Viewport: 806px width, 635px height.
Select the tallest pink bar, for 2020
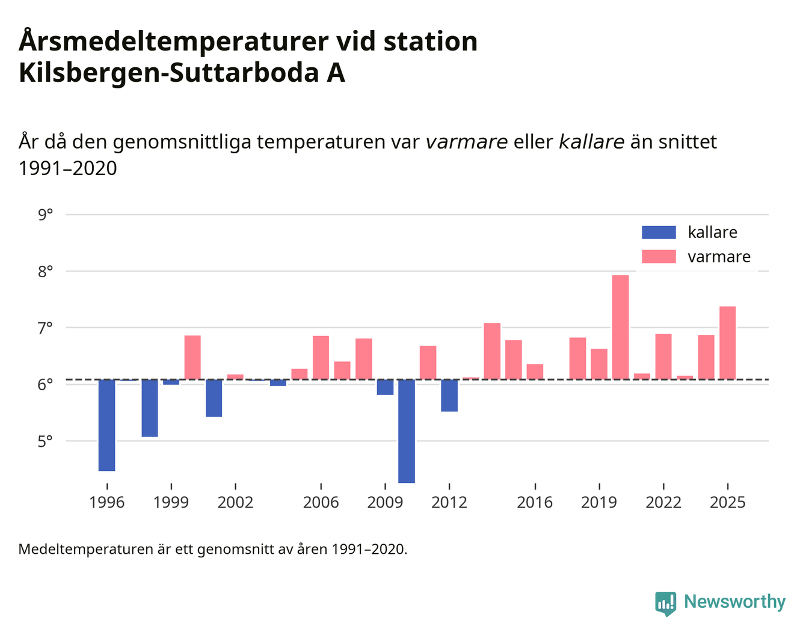click(x=620, y=327)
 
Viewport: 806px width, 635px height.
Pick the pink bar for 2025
click(x=727, y=343)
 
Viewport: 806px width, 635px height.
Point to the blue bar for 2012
click(x=449, y=395)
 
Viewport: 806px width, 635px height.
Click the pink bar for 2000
click(x=192, y=357)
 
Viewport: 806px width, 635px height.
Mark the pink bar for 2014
click(x=492, y=351)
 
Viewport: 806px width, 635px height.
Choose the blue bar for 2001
click(x=214, y=397)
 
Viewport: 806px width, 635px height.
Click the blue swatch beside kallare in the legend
click(x=659, y=232)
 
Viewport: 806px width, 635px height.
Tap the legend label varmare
click(x=719, y=257)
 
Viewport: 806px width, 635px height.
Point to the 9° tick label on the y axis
click(x=45, y=215)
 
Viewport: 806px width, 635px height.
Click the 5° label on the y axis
click(x=45, y=441)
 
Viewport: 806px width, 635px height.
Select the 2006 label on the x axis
click(x=321, y=502)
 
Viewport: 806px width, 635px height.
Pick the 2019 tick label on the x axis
click(x=598, y=502)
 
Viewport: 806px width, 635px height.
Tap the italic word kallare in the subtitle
click(x=591, y=142)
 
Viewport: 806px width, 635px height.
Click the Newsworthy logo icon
click(x=665, y=603)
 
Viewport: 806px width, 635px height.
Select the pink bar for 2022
click(x=663, y=357)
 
